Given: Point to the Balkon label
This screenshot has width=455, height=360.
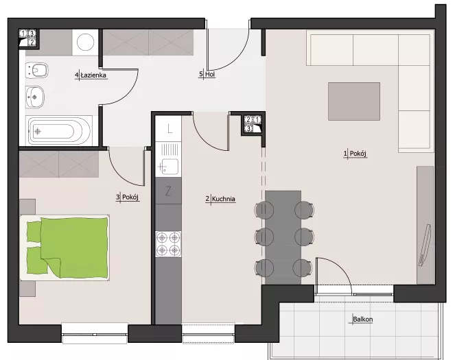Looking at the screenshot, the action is tap(363, 320).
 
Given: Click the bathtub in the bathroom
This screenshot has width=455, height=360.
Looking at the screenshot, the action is tap(58, 131).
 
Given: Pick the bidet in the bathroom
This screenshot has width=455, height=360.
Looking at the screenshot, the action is tap(36, 71).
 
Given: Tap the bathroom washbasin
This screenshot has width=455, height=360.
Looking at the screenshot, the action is tap(35, 97).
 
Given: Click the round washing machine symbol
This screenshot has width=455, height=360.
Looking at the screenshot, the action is tap(85, 43).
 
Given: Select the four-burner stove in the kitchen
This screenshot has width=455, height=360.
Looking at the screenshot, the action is tap(168, 243).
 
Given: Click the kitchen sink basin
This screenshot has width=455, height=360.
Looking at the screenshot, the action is tap(170, 167).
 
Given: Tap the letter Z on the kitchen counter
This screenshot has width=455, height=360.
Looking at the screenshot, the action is tap(168, 191).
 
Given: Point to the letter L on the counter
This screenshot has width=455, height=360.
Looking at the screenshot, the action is tap(170, 128).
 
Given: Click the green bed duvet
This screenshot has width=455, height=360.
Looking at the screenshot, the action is tap(74, 248).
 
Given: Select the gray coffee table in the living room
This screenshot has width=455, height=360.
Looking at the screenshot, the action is tap(354, 101).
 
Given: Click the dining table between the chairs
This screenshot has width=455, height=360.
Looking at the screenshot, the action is tap(283, 237).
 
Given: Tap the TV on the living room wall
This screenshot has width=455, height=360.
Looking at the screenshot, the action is tap(425, 245).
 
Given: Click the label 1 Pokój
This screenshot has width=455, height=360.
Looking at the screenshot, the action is tap(355, 154).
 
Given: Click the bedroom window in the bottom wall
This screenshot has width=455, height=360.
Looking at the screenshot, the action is tap(95, 333).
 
